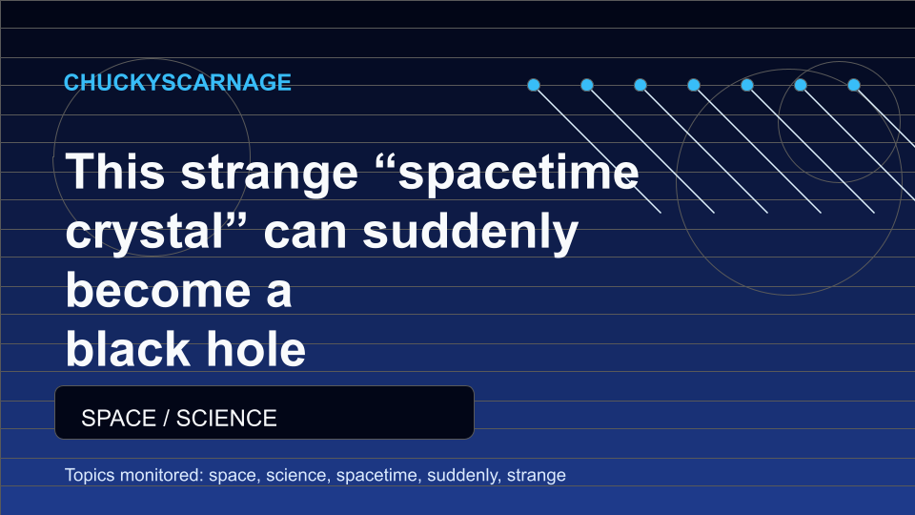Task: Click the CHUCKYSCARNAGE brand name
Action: (x=177, y=82)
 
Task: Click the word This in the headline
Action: (x=115, y=171)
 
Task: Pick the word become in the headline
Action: (x=158, y=290)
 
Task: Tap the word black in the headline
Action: (x=128, y=349)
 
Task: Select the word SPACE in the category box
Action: (x=119, y=418)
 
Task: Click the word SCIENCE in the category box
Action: (x=227, y=418)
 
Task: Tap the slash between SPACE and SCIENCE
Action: (x=166, y=418)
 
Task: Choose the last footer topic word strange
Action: (x=537, y=476)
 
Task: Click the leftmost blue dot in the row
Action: (x=534, y=85)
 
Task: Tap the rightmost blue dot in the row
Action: (x=854, y=85)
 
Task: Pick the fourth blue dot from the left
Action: (x=693, y=85)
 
